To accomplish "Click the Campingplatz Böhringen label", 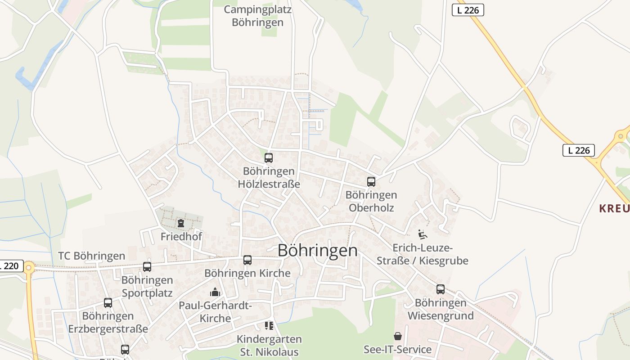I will tap(257, 16).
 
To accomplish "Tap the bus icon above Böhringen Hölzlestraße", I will tap(269, 158).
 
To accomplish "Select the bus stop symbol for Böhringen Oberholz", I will tap(371, 182).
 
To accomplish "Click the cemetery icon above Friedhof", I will tap(181, 223).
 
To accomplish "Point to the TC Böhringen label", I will tap(91, 256).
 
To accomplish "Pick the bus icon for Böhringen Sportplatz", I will tap(147, 267).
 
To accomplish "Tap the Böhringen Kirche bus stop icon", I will tap(247, 260).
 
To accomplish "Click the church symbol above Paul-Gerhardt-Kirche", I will tap(215, 292).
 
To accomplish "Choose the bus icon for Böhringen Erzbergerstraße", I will tap(108, 303).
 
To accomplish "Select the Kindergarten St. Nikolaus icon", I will tap(269, 326).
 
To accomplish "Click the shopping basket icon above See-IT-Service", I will tap(398, 336).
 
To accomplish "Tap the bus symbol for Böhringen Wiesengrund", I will tap(441, 289).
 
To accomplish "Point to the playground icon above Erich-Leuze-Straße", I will tap(422, 234).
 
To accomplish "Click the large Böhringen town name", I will tap(318, 251).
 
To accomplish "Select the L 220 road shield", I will tap(10, 266).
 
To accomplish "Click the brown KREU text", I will tap(614, 208).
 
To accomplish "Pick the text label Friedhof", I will tap(181, 236).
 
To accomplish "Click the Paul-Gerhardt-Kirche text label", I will tap(215, 311).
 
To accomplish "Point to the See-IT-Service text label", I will tap(398, 349).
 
